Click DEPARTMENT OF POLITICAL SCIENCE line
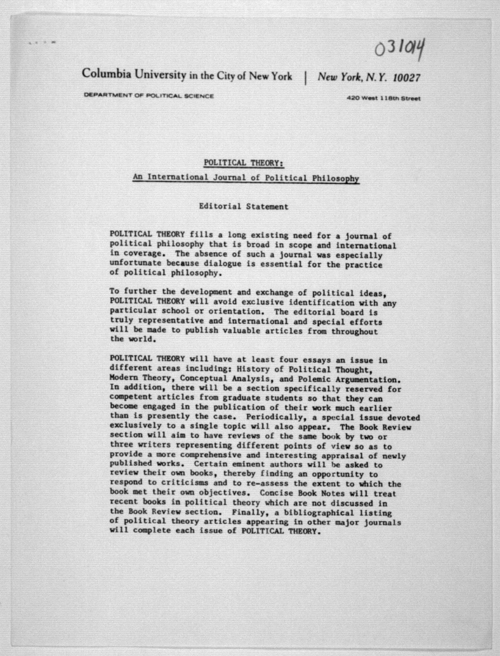[x=149, y=96]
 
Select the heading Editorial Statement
[x=243, y=206]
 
